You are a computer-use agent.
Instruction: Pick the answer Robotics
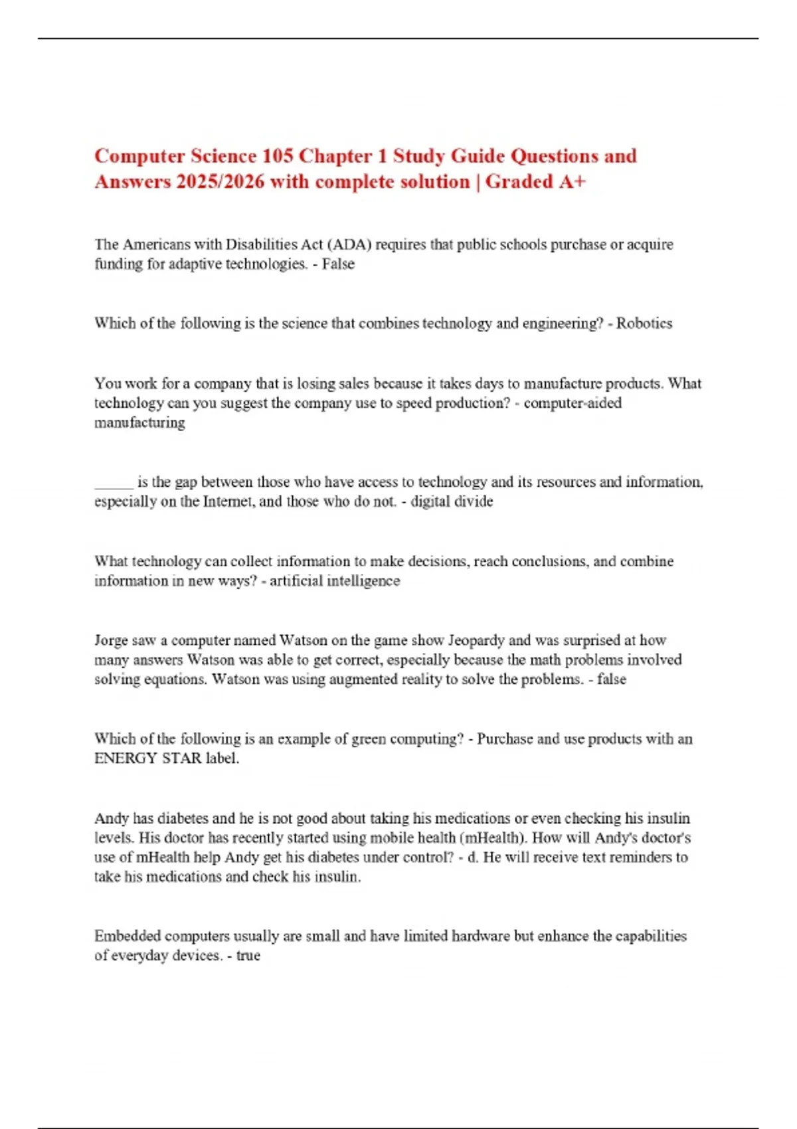644,323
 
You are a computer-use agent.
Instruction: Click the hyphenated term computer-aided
573,403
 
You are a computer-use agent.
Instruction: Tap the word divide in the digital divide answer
473,501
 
